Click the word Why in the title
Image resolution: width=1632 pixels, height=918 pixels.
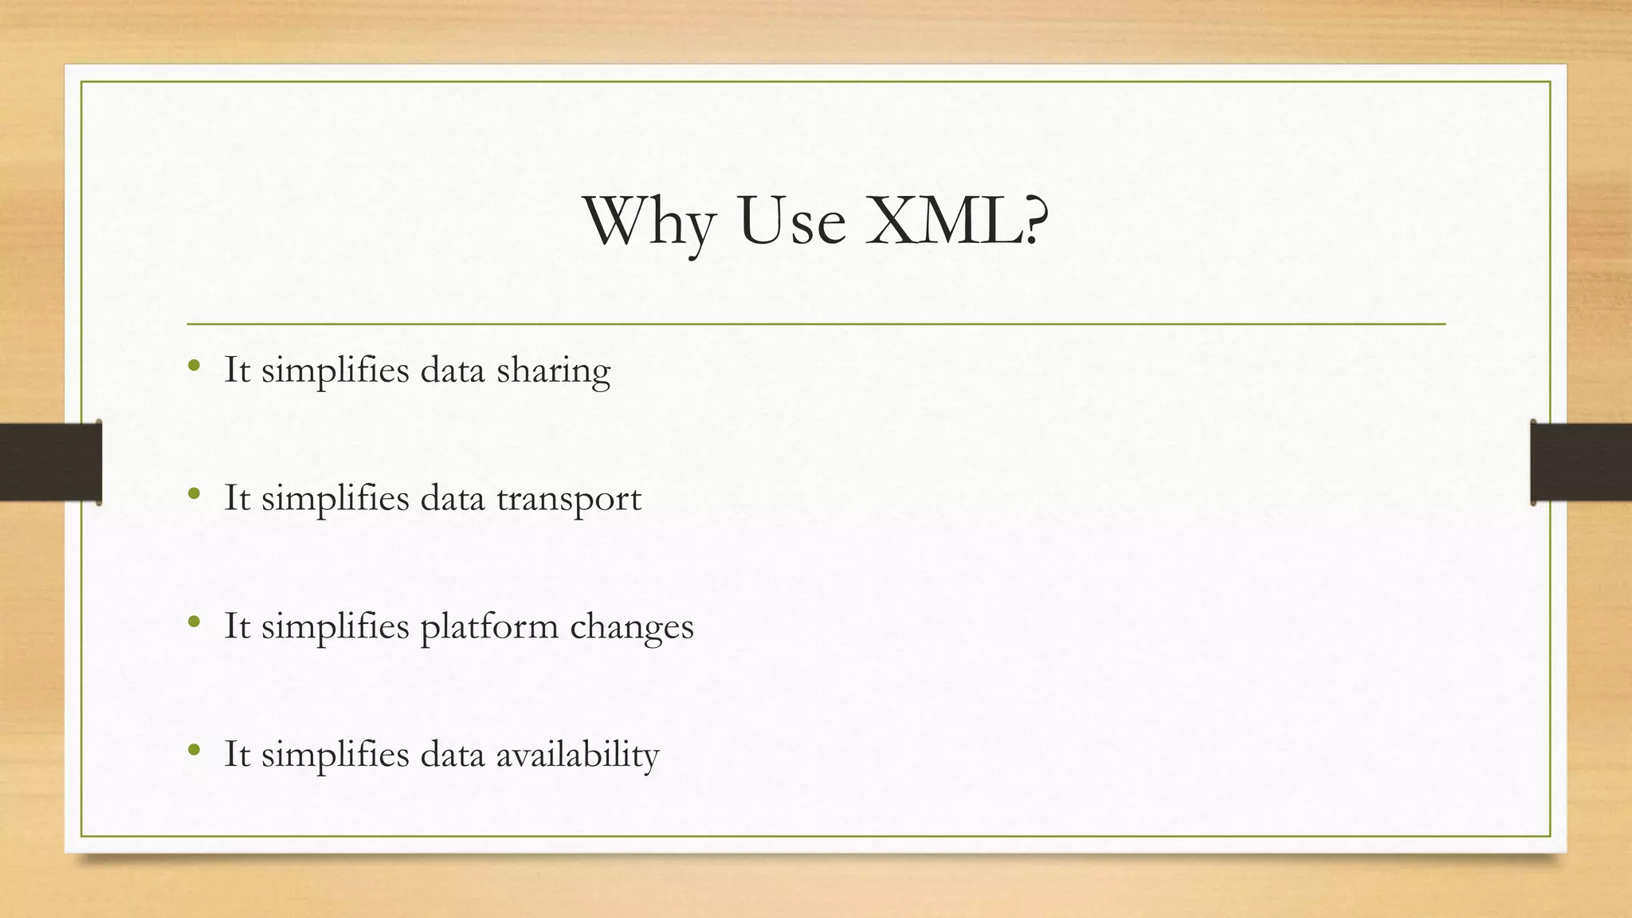point(649,222)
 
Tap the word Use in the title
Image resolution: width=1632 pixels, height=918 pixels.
point(791,221)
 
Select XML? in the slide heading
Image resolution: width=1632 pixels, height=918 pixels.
point(956,221)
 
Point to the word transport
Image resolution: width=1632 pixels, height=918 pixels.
point(569,500)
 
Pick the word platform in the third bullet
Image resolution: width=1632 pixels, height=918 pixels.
point(488,627)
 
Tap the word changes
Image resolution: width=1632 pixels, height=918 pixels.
point(631,627)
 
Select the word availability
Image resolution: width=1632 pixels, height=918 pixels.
point(578,755)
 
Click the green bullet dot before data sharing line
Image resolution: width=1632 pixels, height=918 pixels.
point(194,367)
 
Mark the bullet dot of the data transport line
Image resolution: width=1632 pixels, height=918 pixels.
point(194,494)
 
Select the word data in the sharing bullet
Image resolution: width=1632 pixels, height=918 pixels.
point(452,371)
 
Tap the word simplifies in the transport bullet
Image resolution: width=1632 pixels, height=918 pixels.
point(335,499)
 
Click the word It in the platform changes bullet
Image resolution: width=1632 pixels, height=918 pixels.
point(237,626)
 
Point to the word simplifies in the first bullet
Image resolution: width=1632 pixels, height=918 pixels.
point(335,371)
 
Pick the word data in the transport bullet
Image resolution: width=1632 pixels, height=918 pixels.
point(452,499)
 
